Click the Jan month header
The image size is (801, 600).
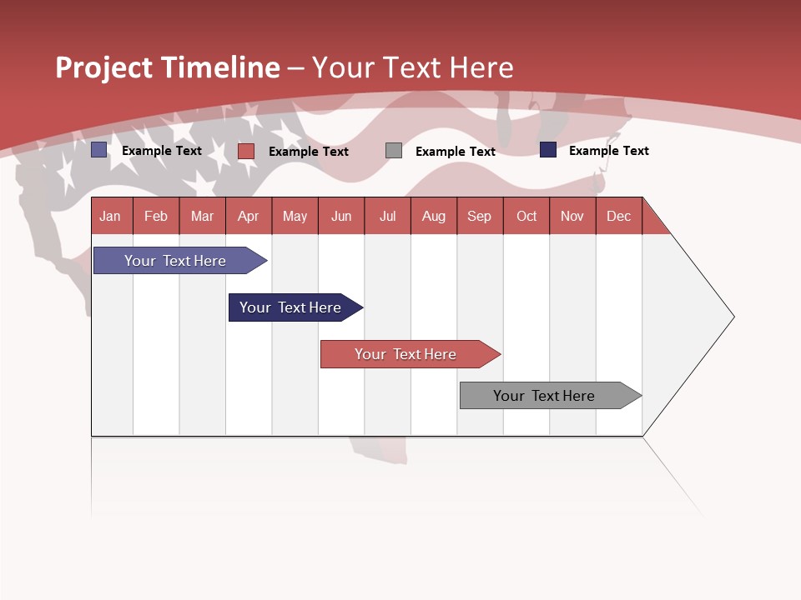111,216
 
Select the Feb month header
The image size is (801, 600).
156,216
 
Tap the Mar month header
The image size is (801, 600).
202,216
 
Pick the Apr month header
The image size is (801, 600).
249,216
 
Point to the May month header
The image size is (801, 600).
295,216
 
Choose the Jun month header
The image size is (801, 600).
341,216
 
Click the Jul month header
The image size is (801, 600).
387,216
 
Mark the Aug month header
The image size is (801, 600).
434,216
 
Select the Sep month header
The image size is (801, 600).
480,216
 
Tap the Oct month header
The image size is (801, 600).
526,216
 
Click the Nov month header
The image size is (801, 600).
572,216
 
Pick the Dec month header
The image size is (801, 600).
619,216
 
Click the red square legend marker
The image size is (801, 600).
246,151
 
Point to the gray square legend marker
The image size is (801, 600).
394,151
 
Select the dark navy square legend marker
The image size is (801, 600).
548,150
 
